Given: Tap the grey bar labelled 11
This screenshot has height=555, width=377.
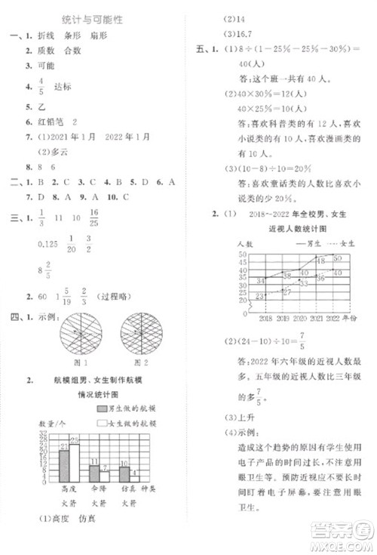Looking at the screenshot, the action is pyautogui.click(x=93, y=473).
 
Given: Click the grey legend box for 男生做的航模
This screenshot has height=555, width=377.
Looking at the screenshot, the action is pyautogui.click(x=102, y=408).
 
